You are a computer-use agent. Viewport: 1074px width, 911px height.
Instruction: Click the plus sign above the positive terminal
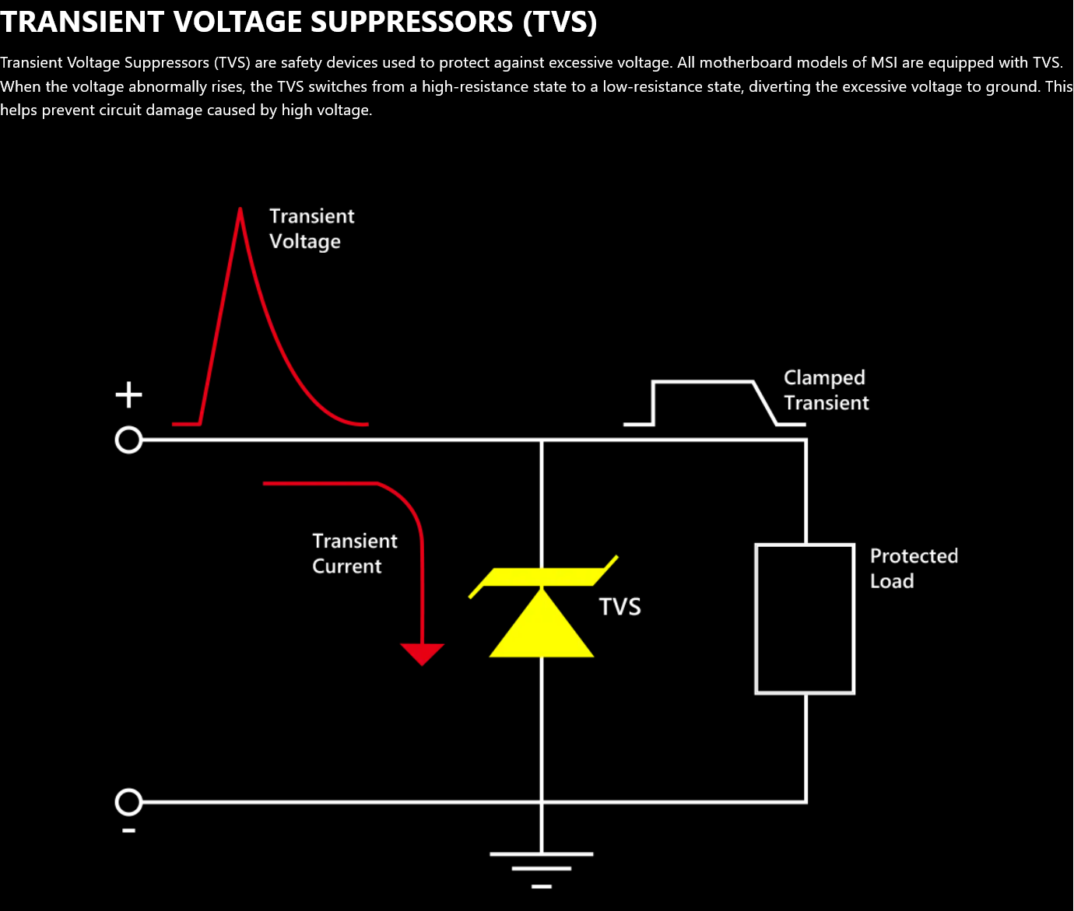(x=129, y=395)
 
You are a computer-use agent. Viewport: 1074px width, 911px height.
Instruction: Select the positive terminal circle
(x=128, y=440)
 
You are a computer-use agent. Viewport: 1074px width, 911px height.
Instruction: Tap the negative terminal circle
(x=128, y=802)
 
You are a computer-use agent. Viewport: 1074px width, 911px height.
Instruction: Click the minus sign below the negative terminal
(x=129, y=831)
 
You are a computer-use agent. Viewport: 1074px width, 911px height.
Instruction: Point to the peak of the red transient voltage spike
(x=240, y=210)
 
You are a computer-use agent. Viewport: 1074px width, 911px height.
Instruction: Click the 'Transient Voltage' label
(x=311, y=229)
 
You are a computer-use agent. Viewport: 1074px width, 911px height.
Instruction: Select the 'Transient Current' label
(x=354, y=553)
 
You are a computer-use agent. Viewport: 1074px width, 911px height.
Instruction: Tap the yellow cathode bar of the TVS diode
(x=542, y=577)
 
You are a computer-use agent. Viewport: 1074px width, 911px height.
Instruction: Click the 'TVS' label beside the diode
(x=619, y=607)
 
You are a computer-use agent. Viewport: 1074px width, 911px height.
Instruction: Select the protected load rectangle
(x=805, y=618)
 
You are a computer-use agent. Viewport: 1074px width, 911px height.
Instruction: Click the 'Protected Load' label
(x=913, y=568)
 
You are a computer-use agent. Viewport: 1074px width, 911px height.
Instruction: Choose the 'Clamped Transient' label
(x=825, y=390)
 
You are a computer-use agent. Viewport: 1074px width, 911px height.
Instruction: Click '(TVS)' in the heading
(x=560, y=22)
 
